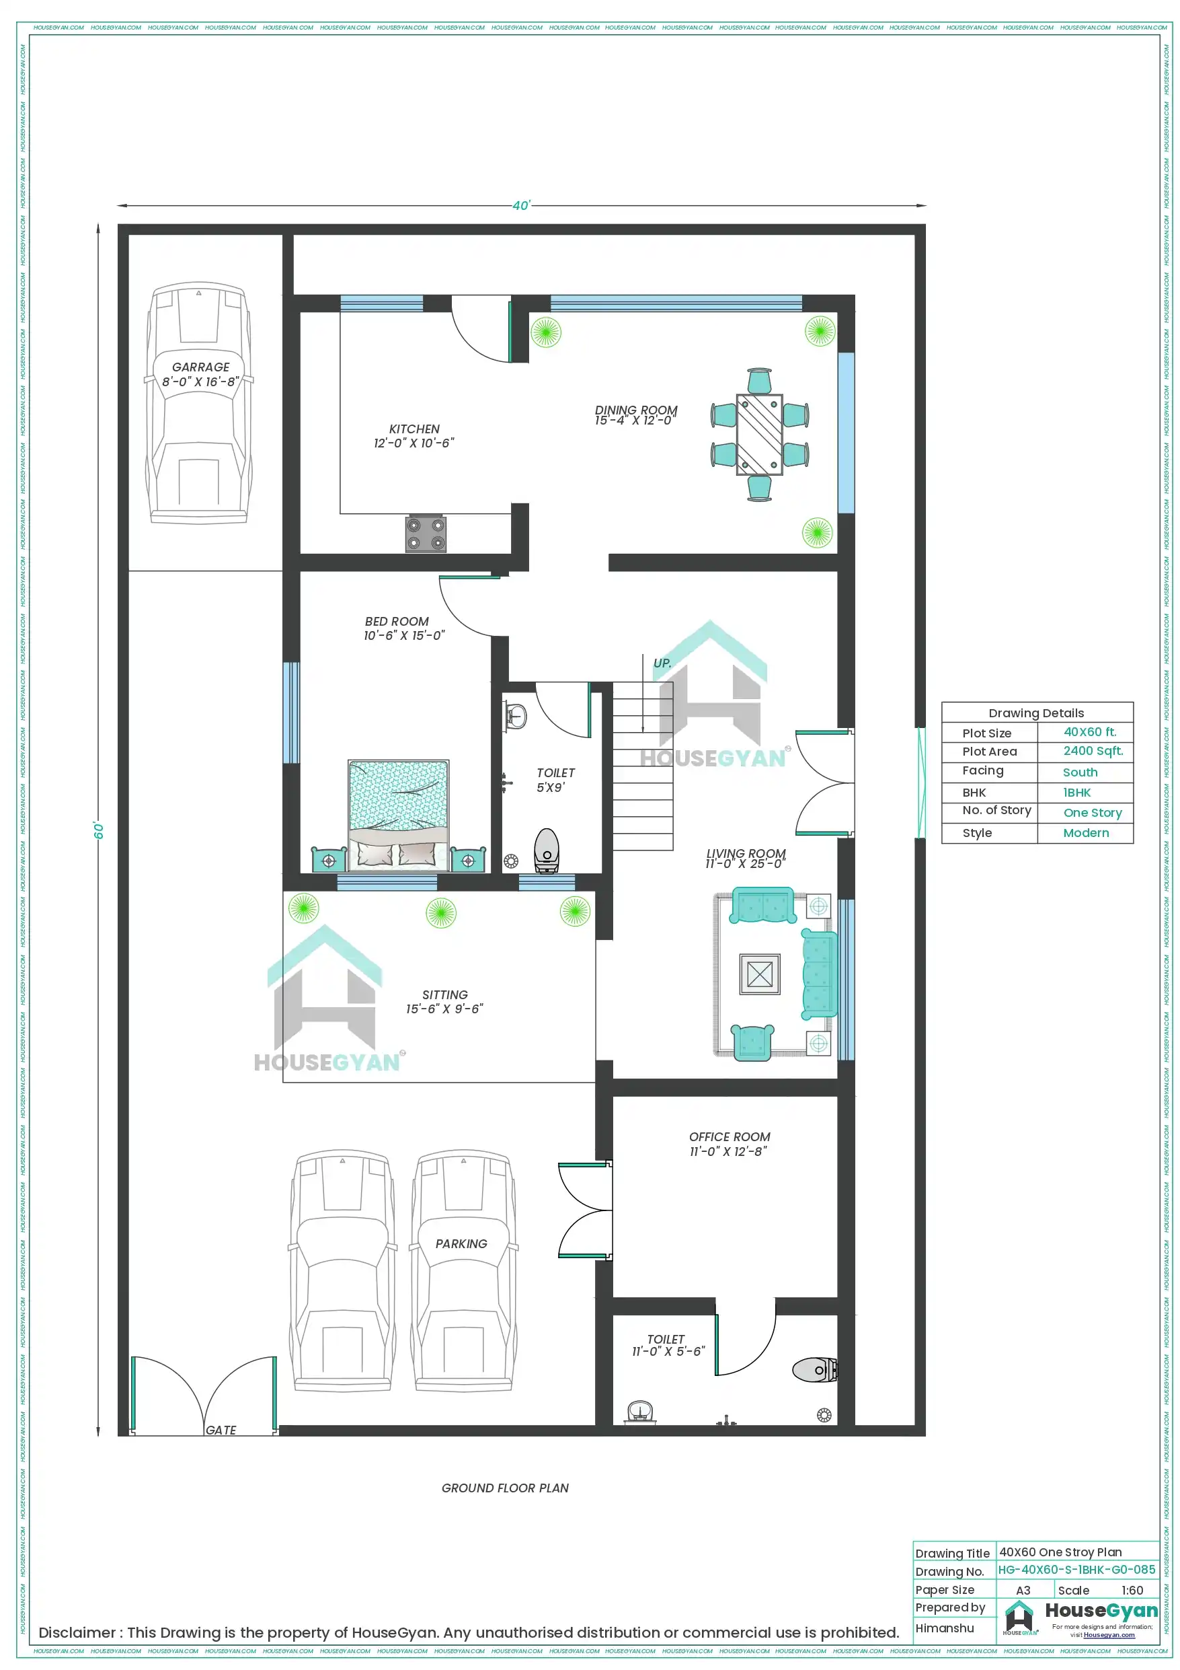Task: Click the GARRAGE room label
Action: pyautogui.click(x=200, y=367)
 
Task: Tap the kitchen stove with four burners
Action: pyautogui.click(x=426, y=534)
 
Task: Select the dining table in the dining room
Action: pyautogui.click(x=759, y=434)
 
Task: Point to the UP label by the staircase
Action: pyautogui.click(x=662, y=663)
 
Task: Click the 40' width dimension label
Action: pyautogui.click(x=521, y=206)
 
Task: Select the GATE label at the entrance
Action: pyautogui.click(x=221, y=1430)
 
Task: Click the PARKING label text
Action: pyautogui.click(x=461, y=1244)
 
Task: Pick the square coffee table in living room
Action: pyautogui.click(x=759, y=974)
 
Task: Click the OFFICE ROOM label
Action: pyautogui.click(x=730, y=1137)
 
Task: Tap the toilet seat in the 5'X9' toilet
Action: pyautogui.click(x=546, y=850)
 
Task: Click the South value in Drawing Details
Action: pyautogui.click(x=1080, y=772)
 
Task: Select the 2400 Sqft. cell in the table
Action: pyautogui.click(x=1093, y=751)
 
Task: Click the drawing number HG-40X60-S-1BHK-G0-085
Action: pyautogui.click(x=1076, y=1570)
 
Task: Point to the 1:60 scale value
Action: pyautogui.click(x=1132, y=1591)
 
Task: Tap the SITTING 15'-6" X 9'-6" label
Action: pyautogui.click(x=444, y=1002)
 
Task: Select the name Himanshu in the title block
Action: pyautogui.click(x=944, y=1628)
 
